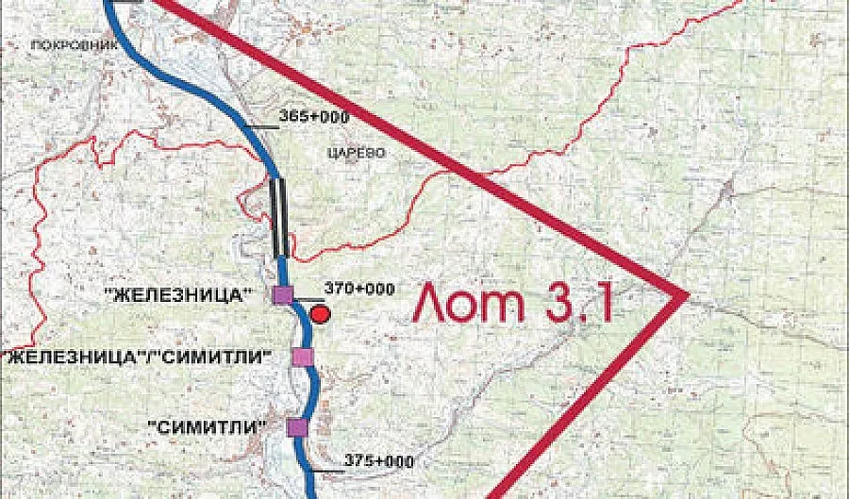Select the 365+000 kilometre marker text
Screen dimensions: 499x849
(314, 115)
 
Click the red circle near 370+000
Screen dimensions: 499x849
(321, 314)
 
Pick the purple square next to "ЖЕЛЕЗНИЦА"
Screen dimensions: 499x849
(282, 295)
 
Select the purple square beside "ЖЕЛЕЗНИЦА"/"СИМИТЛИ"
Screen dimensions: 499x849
(302, 356)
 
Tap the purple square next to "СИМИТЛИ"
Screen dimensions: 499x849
(297, 428)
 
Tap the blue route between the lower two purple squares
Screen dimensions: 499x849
(311, 391)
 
